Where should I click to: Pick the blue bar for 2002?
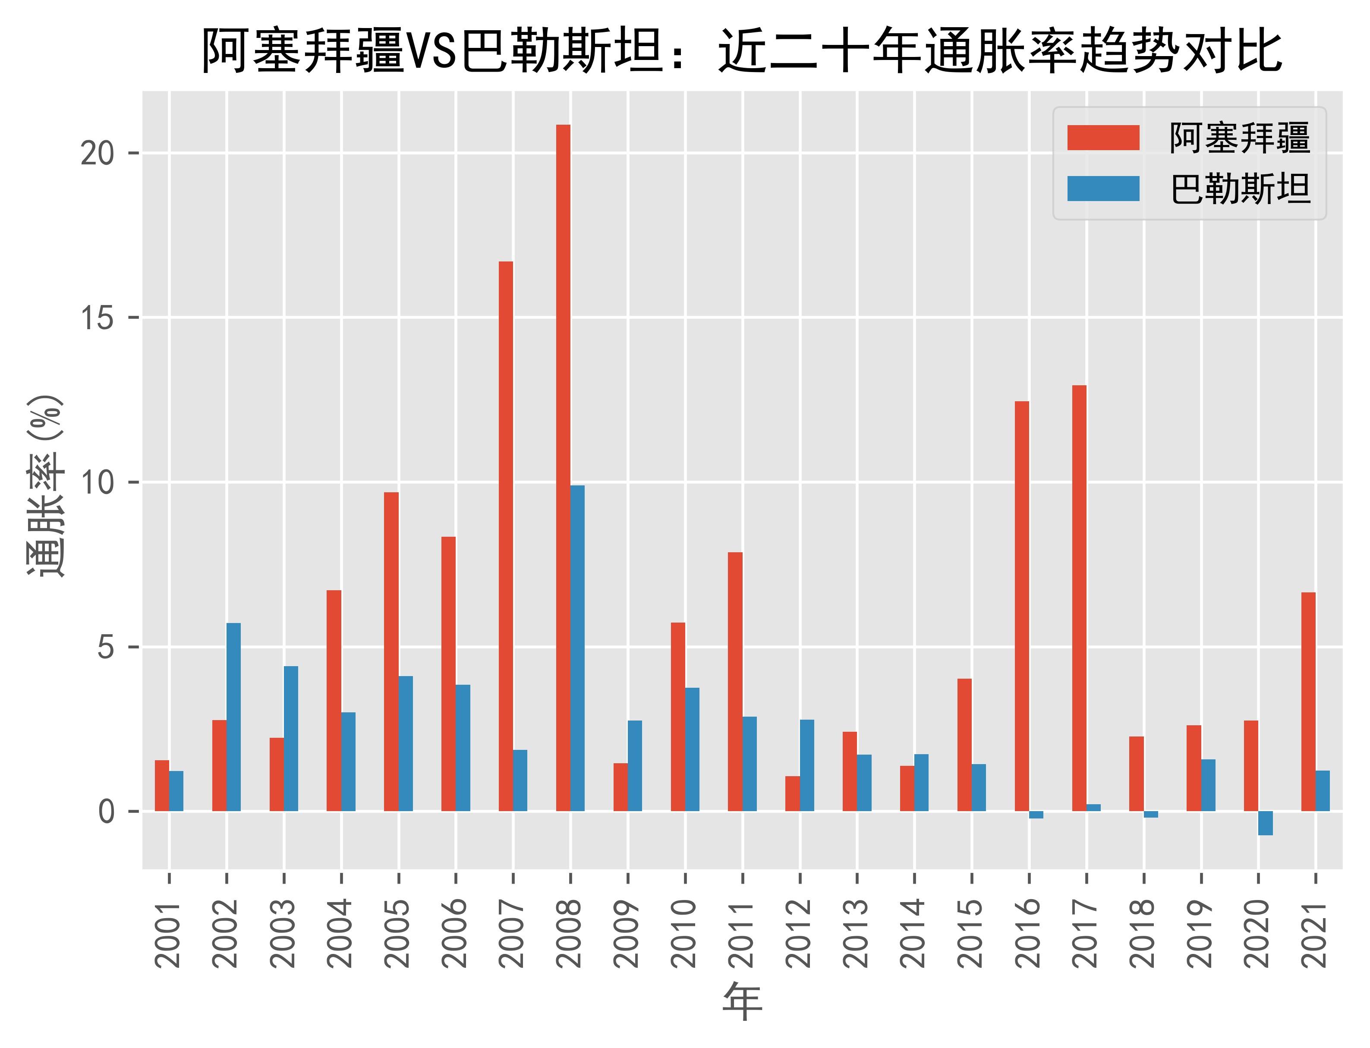tap(233, 718)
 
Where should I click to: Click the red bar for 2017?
tap(1079, 599)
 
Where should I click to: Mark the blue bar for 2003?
tap(291, 739)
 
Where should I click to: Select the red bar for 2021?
tap(1308, 702)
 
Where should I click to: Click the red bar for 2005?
tap(391, 652)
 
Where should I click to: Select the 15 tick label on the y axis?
tap(98, 318)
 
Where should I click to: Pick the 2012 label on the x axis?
tap(800, 933)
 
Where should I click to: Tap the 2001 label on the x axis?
tap(169, 933)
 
